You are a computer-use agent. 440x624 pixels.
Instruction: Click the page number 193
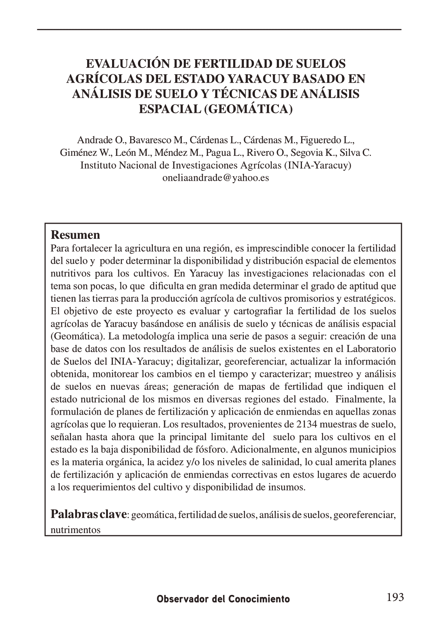click(x=395, y=597)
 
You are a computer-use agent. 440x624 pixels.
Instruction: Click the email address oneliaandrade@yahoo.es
click(x=215, y=178)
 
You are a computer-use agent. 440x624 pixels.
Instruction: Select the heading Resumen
click(x=75, y=235)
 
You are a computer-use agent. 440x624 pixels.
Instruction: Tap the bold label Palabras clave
click(x=88, y=514)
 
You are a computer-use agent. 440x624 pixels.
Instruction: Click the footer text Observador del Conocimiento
click(x=223, y=599)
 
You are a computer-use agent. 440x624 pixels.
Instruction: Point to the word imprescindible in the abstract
click(x=273, y=248)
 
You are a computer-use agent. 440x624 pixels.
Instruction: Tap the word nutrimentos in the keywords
click(x=75, y=530)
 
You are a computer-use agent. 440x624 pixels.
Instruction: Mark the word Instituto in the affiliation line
click(x=98, y=165)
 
